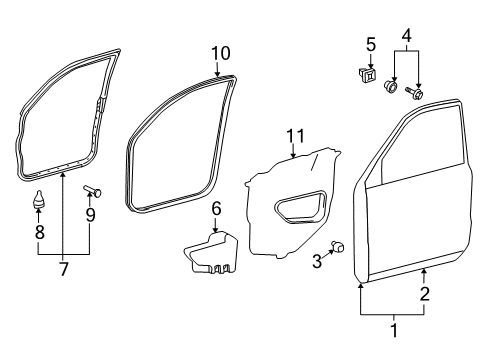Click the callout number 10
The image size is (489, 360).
point(220,52)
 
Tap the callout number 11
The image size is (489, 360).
point(293,135)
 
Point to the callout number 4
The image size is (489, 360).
point(405,38)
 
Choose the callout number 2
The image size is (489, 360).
point(424,293)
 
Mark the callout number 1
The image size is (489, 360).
point(392,327)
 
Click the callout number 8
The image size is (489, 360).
point(40,231)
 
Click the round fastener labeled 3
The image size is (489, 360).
point(338,246)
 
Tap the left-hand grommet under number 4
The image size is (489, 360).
point(392,88)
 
